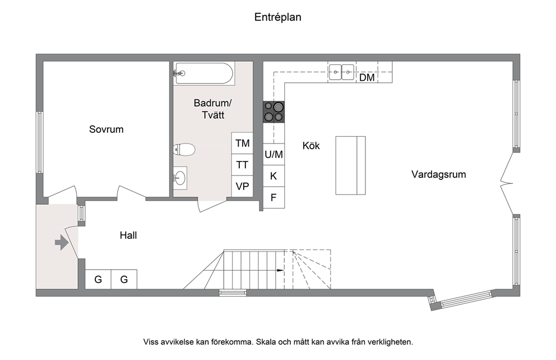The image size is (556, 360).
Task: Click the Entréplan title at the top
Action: click(277, 17)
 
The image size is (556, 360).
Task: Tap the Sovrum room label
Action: click(106, 130)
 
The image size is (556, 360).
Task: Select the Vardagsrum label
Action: click(439, 174)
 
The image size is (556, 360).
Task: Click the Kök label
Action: click(311, 145)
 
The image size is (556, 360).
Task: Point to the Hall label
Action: click(128, 236)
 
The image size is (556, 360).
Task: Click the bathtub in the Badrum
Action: click(204, 73)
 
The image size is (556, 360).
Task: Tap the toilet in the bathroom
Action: click(184, 149)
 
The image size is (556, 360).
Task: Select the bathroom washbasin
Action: click(180, 177)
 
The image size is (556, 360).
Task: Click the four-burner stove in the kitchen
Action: click(274, 112)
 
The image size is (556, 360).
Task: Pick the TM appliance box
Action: click(242, 144)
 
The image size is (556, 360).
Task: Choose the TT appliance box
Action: click(242, 165)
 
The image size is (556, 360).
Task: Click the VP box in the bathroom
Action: click(242, 186)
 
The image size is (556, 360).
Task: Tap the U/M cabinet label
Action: click(274, 155)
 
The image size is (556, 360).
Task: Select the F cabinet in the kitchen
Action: click(274, 197)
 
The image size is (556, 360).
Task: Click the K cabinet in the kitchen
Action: click(274, 176)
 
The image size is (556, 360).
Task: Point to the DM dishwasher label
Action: click(367, 78)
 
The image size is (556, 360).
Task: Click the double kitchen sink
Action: click(341, 72)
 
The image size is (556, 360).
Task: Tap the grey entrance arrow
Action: click(62, 243)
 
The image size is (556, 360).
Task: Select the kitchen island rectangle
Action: click(350, 165)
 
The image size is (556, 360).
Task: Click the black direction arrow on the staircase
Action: click(280, 270)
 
